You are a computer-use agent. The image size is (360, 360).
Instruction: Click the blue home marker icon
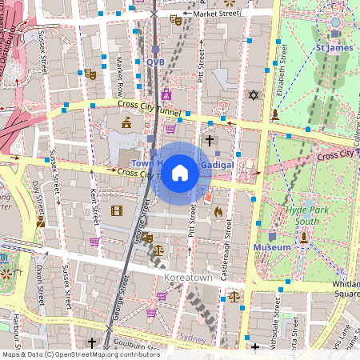(180, 172)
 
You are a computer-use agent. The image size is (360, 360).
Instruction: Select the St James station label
(334, 48)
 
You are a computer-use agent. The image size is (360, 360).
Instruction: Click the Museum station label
(272, 248)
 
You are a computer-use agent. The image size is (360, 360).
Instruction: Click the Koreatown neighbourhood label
(188, 277)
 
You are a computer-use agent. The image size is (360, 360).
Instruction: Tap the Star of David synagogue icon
(254, 95)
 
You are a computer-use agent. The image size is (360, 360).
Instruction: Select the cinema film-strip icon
(118, 211)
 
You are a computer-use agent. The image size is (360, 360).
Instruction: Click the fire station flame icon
(218, 212)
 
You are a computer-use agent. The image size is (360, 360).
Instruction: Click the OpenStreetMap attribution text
(81, 354)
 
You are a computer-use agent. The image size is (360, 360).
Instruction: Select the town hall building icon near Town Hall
(126, 122)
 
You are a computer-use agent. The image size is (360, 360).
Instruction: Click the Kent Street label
(94, 206)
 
